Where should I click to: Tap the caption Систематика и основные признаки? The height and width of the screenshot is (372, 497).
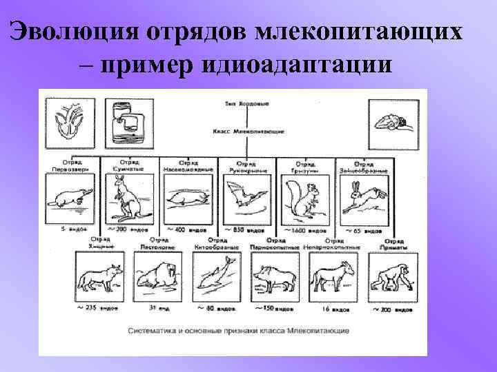(239, 331)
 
